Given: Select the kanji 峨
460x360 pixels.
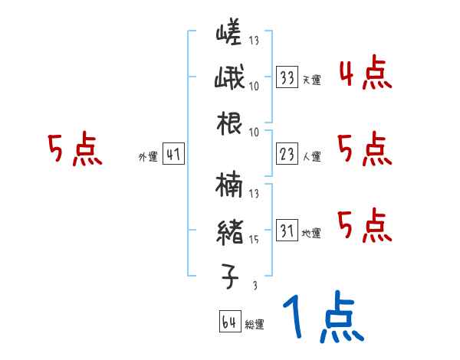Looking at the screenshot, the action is click(230, 79).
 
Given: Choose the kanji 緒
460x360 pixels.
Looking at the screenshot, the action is click(230, 233).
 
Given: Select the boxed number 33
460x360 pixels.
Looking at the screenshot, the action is click(287, 78).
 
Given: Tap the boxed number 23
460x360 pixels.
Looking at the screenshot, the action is click(287, 155).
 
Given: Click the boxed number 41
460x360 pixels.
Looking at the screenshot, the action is click(173, 155).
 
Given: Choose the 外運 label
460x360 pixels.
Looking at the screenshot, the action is click(147, 157).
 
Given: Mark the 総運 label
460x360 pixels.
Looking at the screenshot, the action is click(254, 324).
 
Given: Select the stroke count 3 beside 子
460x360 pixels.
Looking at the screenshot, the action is click(254, 286).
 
